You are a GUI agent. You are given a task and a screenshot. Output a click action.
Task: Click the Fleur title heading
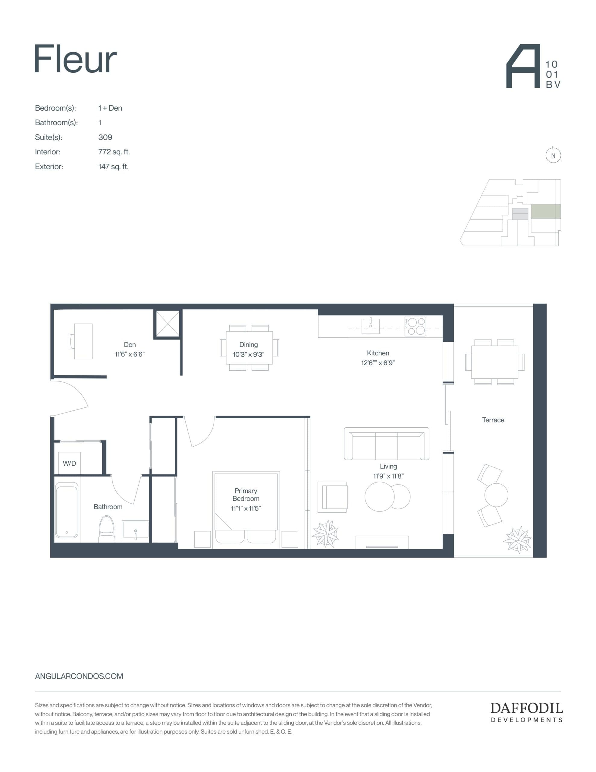75,59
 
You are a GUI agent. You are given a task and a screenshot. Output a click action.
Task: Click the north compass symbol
553,155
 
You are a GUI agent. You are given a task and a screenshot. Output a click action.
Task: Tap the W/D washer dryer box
69,463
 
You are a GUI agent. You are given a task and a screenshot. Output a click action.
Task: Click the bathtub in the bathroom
66,510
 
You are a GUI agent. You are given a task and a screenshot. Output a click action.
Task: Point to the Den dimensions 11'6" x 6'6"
130,354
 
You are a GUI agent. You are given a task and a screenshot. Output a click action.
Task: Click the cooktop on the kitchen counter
415,326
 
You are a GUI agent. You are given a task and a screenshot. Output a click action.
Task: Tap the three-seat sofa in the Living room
387,444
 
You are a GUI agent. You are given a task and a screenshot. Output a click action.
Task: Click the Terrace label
493,420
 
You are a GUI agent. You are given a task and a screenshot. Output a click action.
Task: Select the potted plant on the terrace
518,540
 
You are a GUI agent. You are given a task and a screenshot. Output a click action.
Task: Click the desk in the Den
83,341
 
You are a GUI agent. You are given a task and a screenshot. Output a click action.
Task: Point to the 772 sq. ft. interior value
114,152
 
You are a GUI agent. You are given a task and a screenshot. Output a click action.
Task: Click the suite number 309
105,137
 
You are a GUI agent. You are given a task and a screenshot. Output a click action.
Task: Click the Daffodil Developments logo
526,712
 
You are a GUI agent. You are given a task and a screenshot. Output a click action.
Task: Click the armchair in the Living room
333,497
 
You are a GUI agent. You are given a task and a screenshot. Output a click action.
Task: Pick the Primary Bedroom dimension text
246,508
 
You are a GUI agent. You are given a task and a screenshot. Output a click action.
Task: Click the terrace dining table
494,362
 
